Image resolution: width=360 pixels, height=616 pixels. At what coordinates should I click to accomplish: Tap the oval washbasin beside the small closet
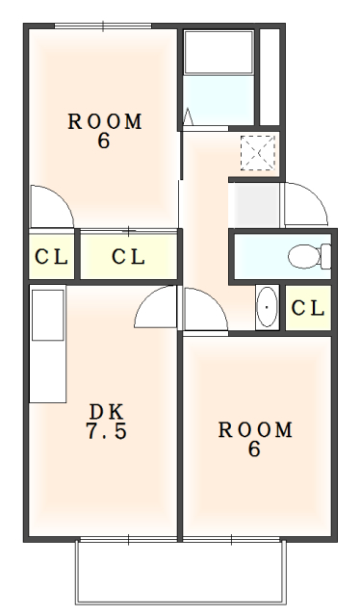[x=266, y=308]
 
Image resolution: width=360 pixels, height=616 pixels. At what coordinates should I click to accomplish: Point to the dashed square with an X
[x=258, y=152]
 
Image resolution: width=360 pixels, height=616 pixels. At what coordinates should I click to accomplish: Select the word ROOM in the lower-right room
[x=254, y=429]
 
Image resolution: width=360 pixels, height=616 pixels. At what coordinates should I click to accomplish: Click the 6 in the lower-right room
[x=254, y=449]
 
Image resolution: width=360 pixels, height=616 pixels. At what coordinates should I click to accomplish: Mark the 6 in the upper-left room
[x=104, y=142]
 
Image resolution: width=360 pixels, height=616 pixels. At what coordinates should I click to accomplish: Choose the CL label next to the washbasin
[x=307, y=308]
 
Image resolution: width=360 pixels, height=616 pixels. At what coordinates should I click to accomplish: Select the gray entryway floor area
[x=254, y=203]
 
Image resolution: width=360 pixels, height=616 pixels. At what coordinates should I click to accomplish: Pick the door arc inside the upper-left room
[x=48, y=204]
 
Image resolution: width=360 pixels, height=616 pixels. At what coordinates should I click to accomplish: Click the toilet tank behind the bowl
[x=325, y=256]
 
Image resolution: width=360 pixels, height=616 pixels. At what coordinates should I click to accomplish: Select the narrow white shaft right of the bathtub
[x=269, y=78]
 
